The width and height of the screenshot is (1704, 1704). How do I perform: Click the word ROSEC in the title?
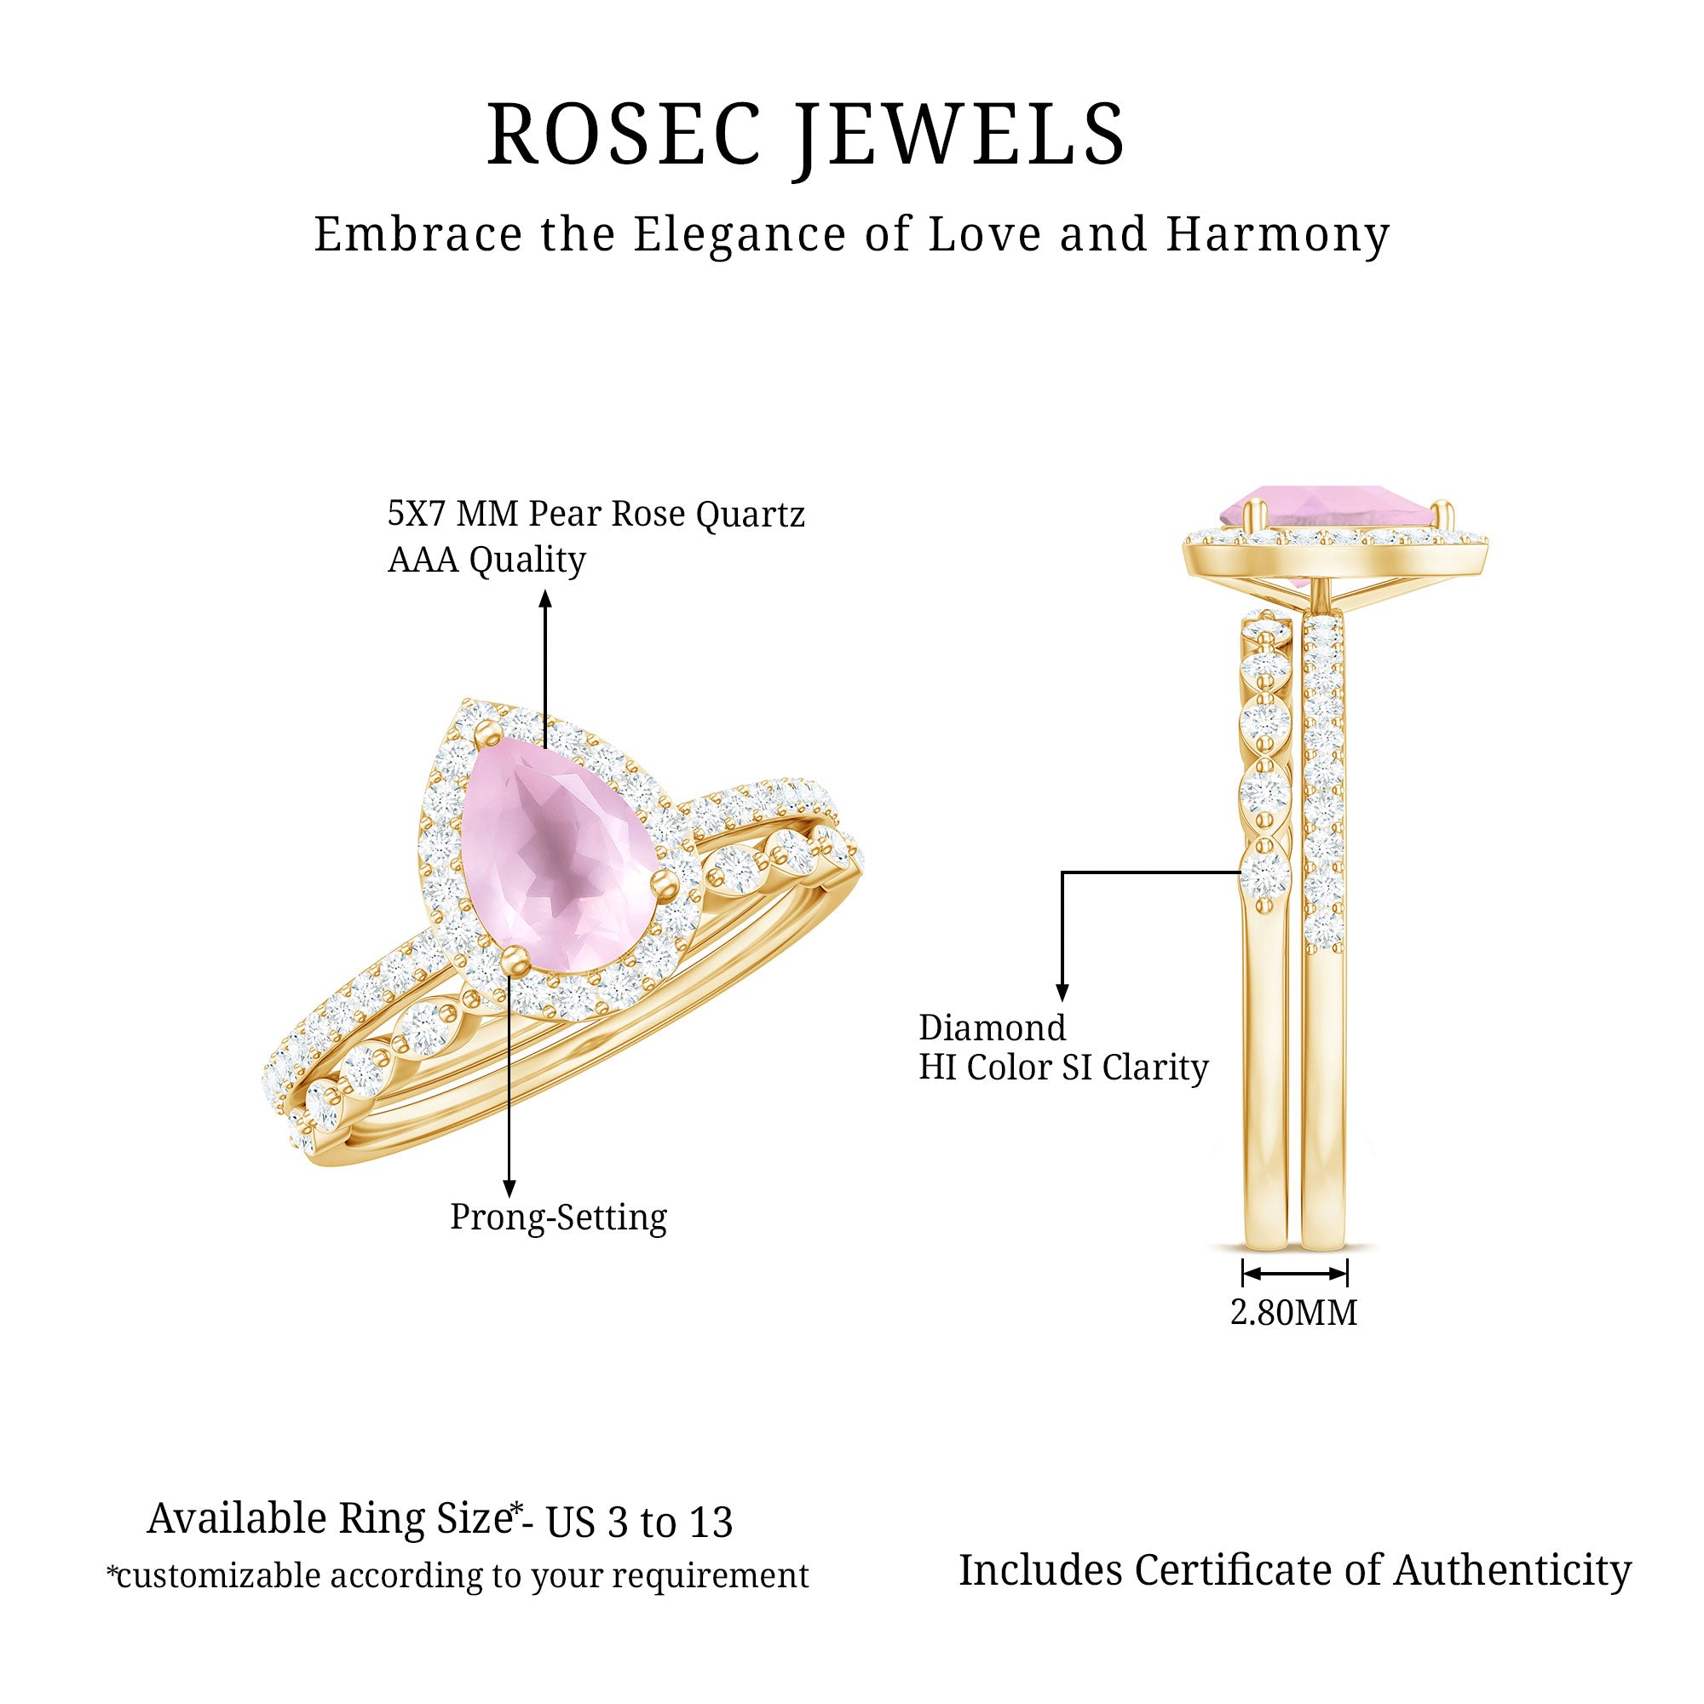coord(624,134)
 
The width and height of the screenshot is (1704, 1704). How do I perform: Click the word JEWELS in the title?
coord(959,134)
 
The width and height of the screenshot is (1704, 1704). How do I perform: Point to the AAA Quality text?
coord(486,559)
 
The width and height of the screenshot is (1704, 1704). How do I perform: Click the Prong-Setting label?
coord(558,1218)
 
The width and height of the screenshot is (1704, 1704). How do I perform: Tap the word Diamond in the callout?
coord(992,1028)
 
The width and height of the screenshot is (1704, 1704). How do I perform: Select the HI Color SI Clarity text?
coord(1062,1068)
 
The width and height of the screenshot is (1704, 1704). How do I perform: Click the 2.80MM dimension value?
coord(1293,1312)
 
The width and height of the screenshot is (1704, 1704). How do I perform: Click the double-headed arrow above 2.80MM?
coord(1294,1273)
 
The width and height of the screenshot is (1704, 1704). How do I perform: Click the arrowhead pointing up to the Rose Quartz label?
coord(545,600)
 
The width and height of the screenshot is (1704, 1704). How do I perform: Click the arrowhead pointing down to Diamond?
coord(1062,992)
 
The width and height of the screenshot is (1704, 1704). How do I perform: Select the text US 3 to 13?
coord(638,1523)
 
